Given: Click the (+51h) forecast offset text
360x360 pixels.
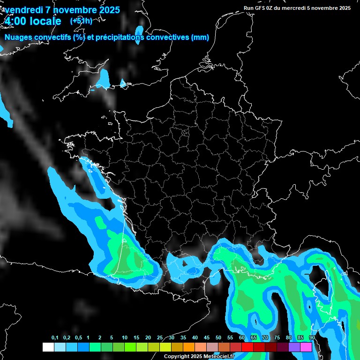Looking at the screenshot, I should [x=81, y=21].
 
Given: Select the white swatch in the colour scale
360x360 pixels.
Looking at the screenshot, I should [x=48, y=347].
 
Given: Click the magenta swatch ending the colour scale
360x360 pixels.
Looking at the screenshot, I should [x=306, y=347].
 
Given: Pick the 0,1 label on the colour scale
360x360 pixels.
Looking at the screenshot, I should [x=55, y=338].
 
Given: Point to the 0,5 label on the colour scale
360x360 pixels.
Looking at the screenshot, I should [x=78, y=338].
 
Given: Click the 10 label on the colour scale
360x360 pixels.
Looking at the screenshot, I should [x=125, y=338].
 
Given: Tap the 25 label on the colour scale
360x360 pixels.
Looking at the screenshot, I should [x=160, y=338].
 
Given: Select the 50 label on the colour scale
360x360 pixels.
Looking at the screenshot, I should [x=218, y=338].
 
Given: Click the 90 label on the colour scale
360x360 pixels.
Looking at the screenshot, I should [x=312, y=338].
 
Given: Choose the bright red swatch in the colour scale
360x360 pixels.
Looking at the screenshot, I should [x=247, y=347].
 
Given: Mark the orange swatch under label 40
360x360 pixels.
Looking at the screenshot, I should [x=189, y=347].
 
